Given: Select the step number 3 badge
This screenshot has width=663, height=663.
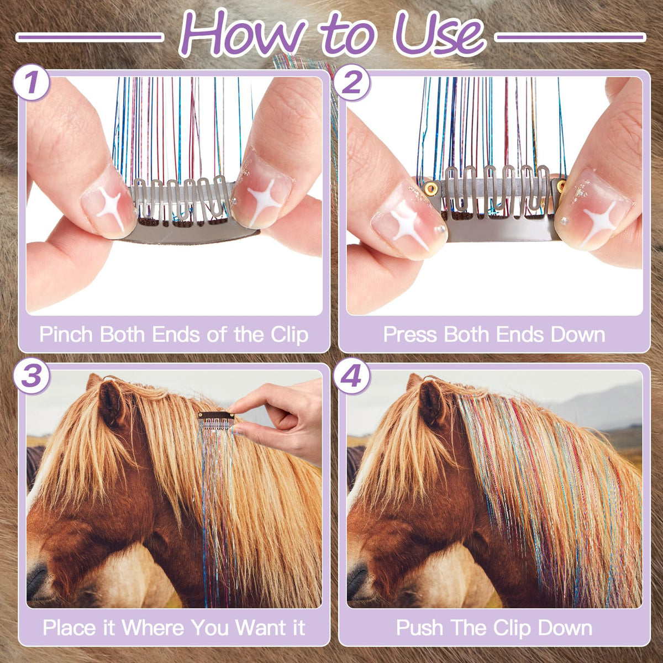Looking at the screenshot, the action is click(31, 376).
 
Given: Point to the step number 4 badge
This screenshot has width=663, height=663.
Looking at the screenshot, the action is click(351, 376).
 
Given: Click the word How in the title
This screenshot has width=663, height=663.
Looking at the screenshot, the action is click(245, 34).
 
